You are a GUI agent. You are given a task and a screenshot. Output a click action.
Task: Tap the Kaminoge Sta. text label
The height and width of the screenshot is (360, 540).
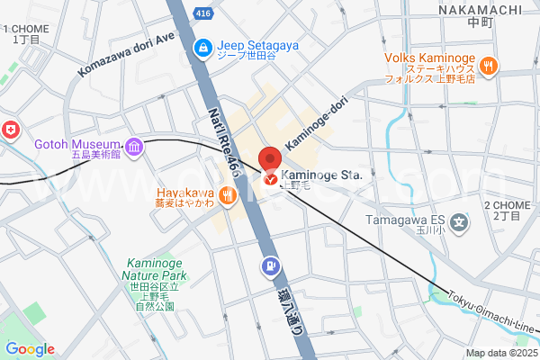(x=321, y=175)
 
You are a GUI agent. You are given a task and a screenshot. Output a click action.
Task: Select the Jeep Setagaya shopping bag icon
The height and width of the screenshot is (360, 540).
(x=204, y=46)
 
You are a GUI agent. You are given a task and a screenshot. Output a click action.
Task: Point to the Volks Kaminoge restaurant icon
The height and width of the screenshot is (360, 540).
(x=489, y=65)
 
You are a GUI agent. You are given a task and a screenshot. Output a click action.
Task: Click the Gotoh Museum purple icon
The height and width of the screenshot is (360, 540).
(x=134, y=146)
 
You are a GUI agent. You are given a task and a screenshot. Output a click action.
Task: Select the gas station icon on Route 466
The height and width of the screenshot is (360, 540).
(x=270, y=266)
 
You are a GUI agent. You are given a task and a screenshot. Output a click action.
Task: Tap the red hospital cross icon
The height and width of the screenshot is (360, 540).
(x=10, y=130)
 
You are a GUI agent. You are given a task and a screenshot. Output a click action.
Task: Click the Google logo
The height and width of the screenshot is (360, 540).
(x=30, y=349)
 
